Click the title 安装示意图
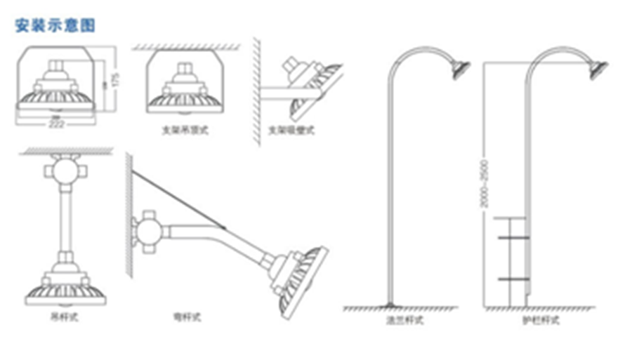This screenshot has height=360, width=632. point(55,26)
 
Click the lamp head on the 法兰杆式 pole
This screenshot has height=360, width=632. point(460,69)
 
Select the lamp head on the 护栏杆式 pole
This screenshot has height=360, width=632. point(598,69)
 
